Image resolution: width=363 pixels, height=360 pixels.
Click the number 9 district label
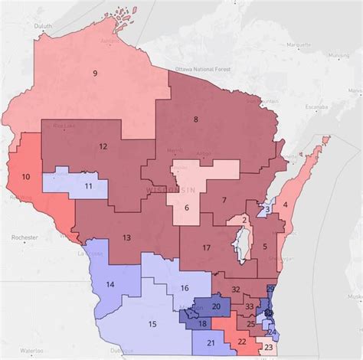[x=95, y=74]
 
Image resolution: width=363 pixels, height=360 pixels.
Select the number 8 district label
[x=196, y=119]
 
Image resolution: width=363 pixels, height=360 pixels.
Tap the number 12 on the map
[x=103, y=146]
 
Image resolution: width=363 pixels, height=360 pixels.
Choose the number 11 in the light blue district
[x=89, y=186]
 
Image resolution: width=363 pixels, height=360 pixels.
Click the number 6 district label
[x=186, y=208]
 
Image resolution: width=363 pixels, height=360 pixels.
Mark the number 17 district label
[x=206, y=248]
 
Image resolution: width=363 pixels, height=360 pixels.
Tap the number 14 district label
[x=110, y=285]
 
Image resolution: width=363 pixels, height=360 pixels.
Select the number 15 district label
[x=152, y=324]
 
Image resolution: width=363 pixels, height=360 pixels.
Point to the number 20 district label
[x=216, y=306]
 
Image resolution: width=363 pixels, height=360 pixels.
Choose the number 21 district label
[x=211, y=342]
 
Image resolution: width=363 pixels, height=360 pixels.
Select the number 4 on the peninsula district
[x=285, y=205]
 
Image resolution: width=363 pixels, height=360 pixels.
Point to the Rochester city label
[x=18, y=238]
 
